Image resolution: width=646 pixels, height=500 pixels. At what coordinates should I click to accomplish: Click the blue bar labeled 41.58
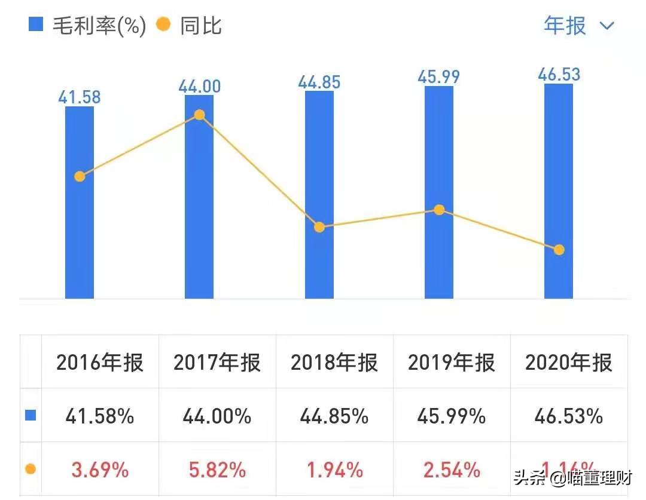pos(80,203)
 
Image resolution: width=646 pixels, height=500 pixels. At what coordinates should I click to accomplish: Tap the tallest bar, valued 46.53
pos(559,191)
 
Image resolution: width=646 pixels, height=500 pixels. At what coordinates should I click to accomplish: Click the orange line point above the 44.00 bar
pos(200,115)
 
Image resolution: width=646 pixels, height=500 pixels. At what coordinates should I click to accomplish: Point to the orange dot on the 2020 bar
pos(559,250)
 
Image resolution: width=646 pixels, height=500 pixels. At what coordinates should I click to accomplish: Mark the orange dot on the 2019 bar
pos(439,210)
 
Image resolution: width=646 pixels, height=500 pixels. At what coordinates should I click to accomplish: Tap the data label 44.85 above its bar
pos(319,82)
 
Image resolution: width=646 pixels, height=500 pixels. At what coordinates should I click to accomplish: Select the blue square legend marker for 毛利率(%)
pos(36,25)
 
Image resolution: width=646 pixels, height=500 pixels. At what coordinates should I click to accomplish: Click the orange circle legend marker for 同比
pos(163,25)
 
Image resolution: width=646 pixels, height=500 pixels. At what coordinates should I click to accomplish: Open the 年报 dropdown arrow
pos(607,26)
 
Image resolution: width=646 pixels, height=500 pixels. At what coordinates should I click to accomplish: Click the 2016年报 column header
pos(100,363)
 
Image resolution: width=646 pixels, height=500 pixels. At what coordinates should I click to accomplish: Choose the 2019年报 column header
pos(452,363)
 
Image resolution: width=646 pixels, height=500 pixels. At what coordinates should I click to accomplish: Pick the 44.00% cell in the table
pos(217,416)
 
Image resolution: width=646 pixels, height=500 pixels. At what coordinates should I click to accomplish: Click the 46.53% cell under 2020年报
pos(569,416)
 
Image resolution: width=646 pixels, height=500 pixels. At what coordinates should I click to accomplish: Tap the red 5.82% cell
pos(217,470)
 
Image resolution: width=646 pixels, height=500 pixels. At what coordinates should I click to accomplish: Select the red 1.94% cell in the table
pos(334,470)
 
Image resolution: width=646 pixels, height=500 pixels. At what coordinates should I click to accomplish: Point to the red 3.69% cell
pos(100,470)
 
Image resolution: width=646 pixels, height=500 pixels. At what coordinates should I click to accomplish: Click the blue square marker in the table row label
pos(31,415)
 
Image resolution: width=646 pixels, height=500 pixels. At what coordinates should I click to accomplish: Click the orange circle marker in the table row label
pos(31,469)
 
